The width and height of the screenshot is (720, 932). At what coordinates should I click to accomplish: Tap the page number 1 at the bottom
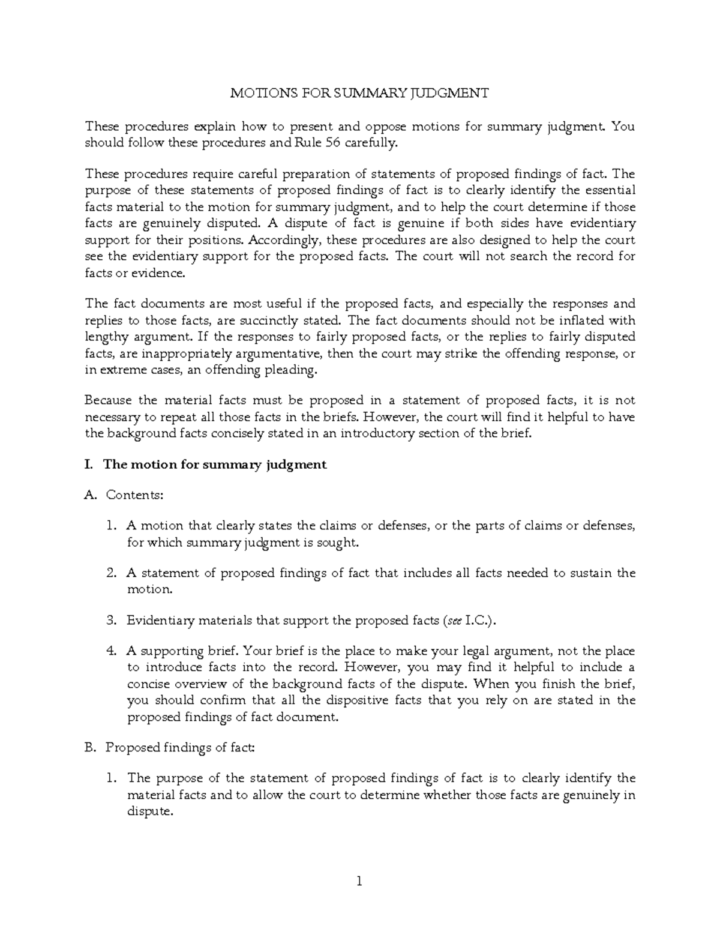[359, 882]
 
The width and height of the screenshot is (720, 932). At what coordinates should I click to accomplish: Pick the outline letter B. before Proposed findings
[91, 747]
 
